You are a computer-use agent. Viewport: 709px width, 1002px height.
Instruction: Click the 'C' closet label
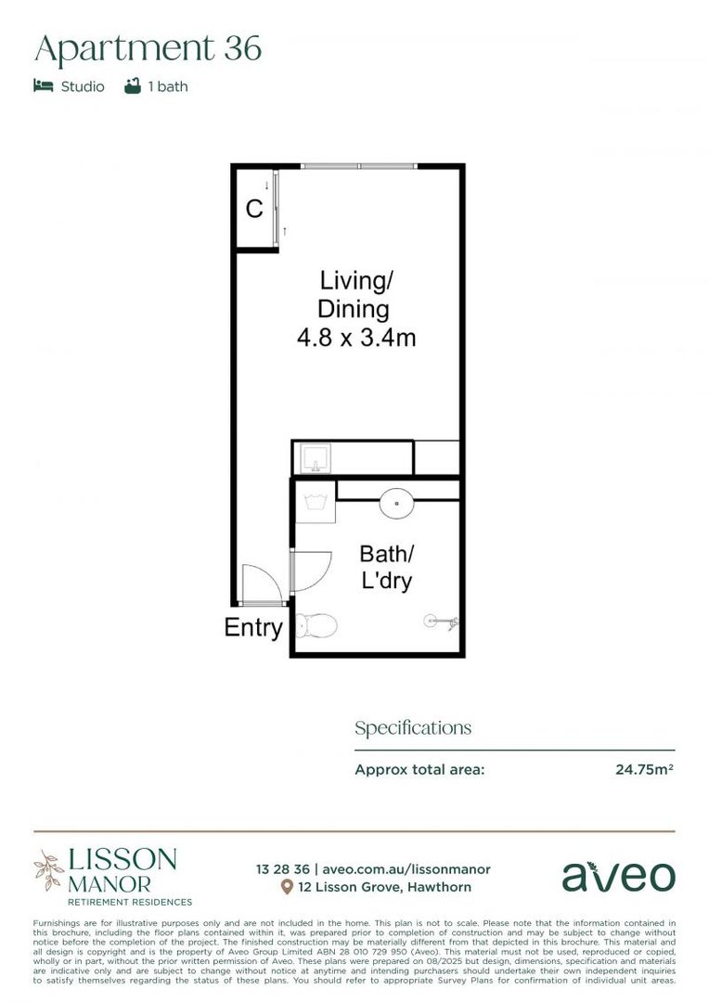(x=254, y=209)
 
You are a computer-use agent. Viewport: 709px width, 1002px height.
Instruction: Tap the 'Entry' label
(x=252, y=628)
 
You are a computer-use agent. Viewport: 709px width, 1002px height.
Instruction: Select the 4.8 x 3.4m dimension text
(x=355, y=338)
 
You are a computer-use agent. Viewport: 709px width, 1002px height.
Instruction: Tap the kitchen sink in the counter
(x=316, y=457)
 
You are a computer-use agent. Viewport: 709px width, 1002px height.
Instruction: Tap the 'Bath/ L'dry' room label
(x=385, y=567)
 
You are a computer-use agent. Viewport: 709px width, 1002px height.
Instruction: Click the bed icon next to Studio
(x=43, y=86)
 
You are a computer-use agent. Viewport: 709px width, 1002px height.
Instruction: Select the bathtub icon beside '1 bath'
(x=133, y=86)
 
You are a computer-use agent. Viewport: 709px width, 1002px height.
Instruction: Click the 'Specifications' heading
(x=412, y=728)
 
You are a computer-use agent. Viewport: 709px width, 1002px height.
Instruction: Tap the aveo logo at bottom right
(x=618, y=876)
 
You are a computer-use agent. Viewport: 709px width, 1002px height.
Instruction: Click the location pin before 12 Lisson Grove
(x=288, y=888)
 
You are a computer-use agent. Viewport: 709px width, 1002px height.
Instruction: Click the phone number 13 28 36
(x=283, y=869)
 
